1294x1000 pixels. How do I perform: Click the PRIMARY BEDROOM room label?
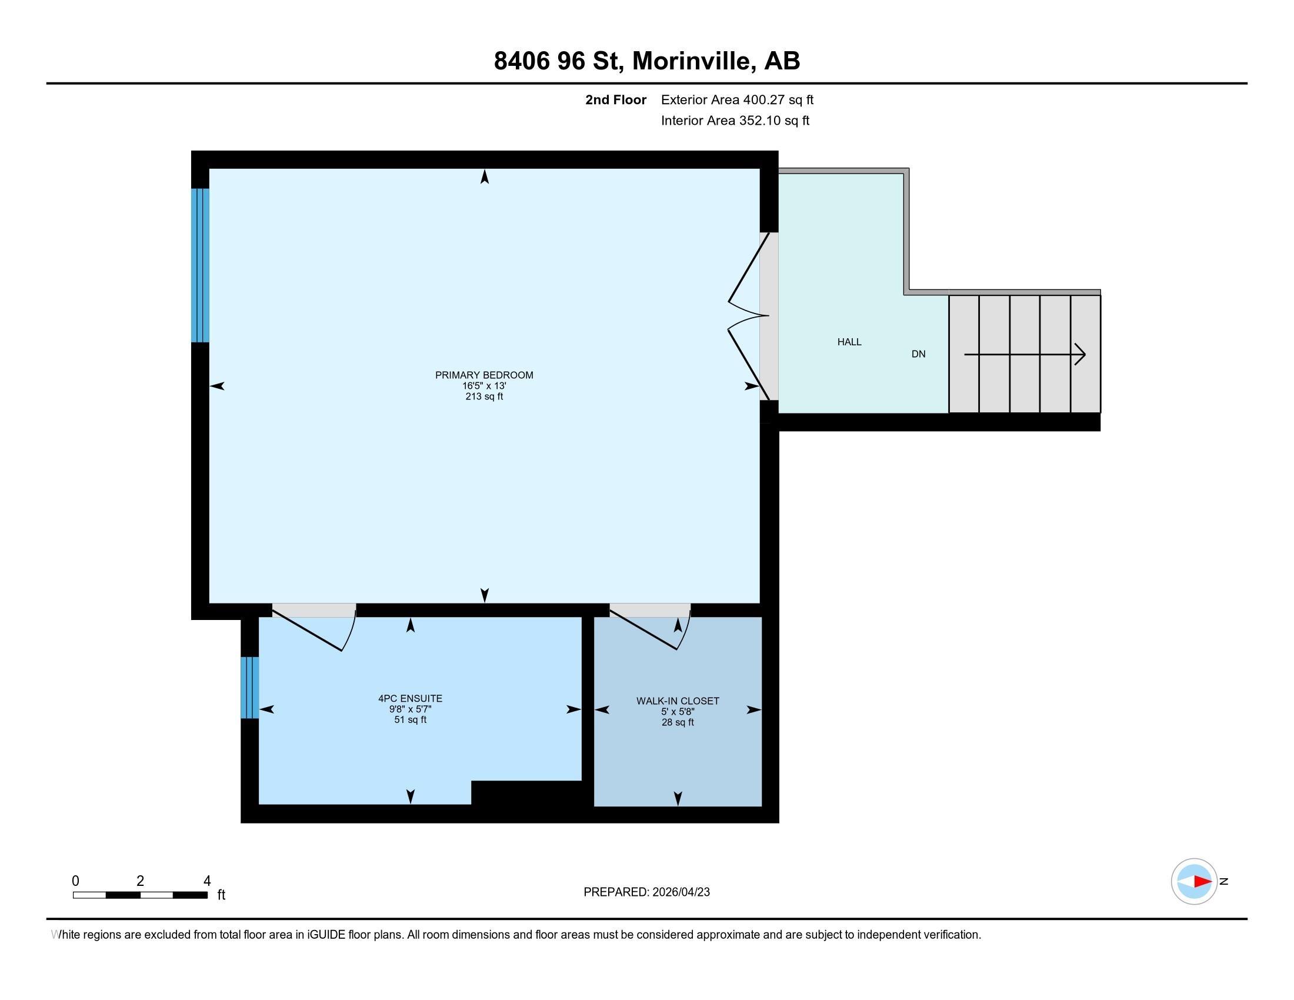pyautogui.click(x=484, y=375)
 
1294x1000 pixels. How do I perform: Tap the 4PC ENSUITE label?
pyautogui.click(x=410, y=698)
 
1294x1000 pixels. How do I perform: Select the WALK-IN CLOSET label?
pyautogui.click(x=677, y=701)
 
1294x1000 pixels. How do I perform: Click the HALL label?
pyautogui.click(x=849, y=342)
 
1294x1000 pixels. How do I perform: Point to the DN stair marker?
pyautogui.click(x=918, y=354)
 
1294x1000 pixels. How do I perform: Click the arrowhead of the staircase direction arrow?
pyautogui.click(x=1080, y=354)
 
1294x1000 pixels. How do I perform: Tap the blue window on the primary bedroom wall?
pyautogui.click(x=199, y=265)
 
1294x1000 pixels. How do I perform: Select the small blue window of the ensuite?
pyautogui.click(x=249, y=687)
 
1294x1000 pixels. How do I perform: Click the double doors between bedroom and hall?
pyautogui.click(x=748, y=316)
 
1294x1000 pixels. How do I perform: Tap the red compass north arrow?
pyautogui.click(x=1202, y=882)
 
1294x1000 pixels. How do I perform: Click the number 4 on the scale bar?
pyautogui.click(x=207, y=881)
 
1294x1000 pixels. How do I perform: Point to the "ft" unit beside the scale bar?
pyautogui.click(x=221, y=895)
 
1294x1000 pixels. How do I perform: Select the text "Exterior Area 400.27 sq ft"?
pyautogui.click(x=737, y=99)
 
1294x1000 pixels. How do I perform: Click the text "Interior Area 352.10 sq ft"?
pyautogui.click(x=735, y=121)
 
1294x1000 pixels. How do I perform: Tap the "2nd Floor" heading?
pyautogui.click(x=615, y=99)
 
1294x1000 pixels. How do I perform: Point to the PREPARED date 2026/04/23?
pyautogui.click(x=680, y=892)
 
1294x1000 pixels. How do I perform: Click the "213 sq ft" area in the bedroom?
pyautogui.click(x=484, y=397)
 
